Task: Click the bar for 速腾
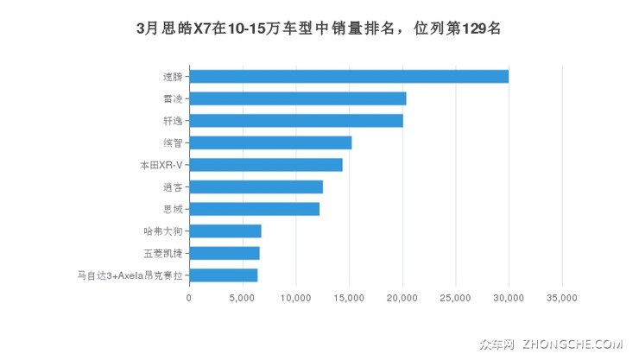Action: coord(349,77)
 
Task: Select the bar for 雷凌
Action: coord(298,98)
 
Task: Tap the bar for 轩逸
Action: coord(296,121)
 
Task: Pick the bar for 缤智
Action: coord(270,142)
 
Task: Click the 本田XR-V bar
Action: coord(266,165)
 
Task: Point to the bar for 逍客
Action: coord(256,186)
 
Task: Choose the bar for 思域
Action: coord(255,209)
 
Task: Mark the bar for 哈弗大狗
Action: coord(225,231)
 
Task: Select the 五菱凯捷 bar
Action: coord(225,253)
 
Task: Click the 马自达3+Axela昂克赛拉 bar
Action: coord(224,275)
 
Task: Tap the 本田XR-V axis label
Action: coord(161,165)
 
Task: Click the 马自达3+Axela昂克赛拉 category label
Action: coord(130,275)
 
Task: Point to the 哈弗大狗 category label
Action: coord(163,231)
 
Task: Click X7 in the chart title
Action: coord(204,28)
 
